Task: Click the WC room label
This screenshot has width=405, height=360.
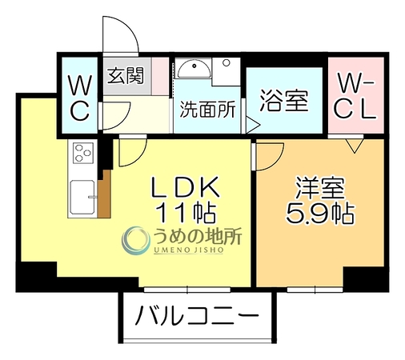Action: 79,98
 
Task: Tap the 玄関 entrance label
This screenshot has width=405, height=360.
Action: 126,75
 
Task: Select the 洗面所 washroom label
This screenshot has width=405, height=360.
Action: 207,110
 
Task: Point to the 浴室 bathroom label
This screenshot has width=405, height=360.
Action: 284,101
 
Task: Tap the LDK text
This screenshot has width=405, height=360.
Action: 186,186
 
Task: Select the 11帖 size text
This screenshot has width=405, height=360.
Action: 186,213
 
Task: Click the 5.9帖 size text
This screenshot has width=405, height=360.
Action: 320,214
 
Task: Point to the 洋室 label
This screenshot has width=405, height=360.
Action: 320,188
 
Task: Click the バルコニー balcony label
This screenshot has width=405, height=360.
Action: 197,315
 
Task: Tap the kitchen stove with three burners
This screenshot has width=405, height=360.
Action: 83,153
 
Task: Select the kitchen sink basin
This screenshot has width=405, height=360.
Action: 82,198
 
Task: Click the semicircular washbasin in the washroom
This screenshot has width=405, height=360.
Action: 194,68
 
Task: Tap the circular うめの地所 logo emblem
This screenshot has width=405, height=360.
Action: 135,240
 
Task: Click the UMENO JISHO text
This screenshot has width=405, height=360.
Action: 188,250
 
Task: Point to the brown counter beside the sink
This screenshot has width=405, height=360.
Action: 104,194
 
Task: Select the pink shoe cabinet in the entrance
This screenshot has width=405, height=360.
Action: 160,76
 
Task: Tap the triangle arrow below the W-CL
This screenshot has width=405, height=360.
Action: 355,145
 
